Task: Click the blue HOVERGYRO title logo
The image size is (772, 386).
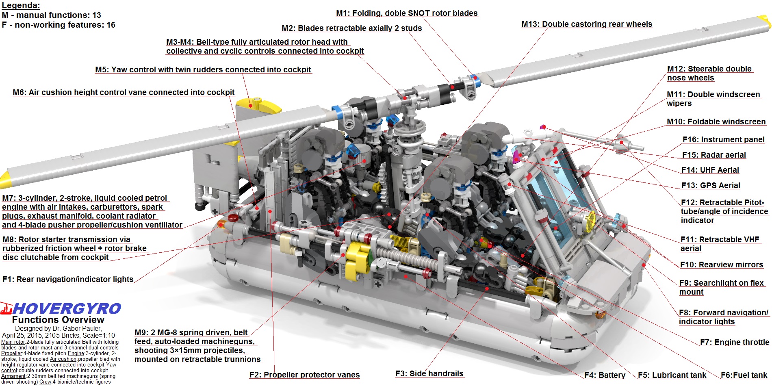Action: coord(67,309)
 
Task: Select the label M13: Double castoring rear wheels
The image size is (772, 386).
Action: coord(587,24)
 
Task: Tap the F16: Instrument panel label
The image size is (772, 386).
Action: coord(723,140)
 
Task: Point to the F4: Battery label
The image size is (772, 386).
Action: coord(605,375)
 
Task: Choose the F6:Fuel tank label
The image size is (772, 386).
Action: coord(744,375)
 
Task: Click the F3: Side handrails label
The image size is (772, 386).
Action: coord(429,374)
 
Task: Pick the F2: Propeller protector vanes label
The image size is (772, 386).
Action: coord(304,375)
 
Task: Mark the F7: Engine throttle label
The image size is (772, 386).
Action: coord(734,343)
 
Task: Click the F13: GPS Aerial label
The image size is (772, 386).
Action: coord(711,186)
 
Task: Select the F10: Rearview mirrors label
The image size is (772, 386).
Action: coord(722,265)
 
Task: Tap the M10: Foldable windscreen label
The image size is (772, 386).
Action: coord(716,122)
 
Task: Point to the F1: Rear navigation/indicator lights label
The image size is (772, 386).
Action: coord(68,280)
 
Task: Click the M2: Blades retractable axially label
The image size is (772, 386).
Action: coord(352,28)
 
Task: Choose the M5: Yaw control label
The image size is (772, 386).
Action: coord(203,70)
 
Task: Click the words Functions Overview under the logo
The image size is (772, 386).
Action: coord(58,320)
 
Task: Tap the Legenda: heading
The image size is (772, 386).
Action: coord(21,6)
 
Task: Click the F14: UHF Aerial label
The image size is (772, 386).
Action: coord(710,170)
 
